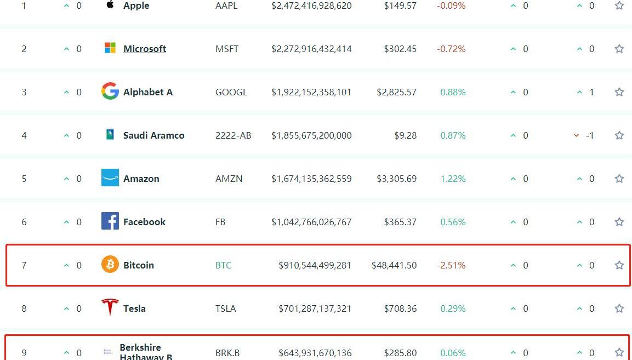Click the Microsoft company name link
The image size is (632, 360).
[x=145, y=49]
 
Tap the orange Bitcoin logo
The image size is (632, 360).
[x=110, y=265]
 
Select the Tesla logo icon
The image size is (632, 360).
[x=110, y=307]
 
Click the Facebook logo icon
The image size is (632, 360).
[x=110, y=221]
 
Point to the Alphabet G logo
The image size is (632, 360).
[x=110, y=92]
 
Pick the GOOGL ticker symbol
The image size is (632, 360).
[x=231, y=92]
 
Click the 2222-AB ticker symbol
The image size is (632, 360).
[x=234, y=135]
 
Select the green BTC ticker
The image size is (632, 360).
[x=224, y=265]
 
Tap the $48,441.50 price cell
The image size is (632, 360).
[x=394, y=265]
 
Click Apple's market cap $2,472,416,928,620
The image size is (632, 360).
[x=311, y=6]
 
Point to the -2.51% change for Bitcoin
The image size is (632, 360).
[x=451, y=265]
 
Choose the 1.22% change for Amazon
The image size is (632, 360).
[x=453, y=179]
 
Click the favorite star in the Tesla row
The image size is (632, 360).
[x=619, y=308]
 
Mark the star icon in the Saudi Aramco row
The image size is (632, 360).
[x=619, y=135]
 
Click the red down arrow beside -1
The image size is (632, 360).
[x=576, y=135]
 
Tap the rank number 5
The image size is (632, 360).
[x=24, y=179]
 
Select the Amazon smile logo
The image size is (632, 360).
[x=110, y=178]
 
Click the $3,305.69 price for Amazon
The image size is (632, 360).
[x=397, y=179]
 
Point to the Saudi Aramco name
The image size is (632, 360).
[x=154, y=135]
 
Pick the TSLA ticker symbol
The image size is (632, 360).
[x=226, y=308]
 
